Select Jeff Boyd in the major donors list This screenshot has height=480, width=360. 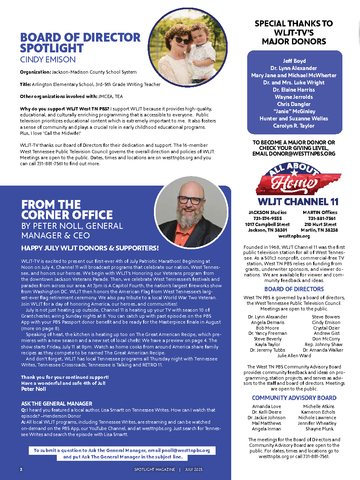pos(294,61)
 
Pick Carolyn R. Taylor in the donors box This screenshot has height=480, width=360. pos(294,126)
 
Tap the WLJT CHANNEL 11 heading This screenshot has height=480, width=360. pos(294,201)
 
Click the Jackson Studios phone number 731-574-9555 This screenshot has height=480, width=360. pos(267,218)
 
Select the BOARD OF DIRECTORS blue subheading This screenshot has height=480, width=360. pos(294,289)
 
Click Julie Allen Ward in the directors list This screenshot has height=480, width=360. pos(294,356)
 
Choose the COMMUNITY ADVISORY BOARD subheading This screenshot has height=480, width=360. pos(294,398)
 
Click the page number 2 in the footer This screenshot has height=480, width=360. pos(21,469)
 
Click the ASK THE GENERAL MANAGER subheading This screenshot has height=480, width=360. pos(56,404)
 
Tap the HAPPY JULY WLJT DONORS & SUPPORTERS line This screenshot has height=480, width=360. pos(90,248)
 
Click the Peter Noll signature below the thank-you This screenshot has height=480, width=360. pos(34,389)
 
